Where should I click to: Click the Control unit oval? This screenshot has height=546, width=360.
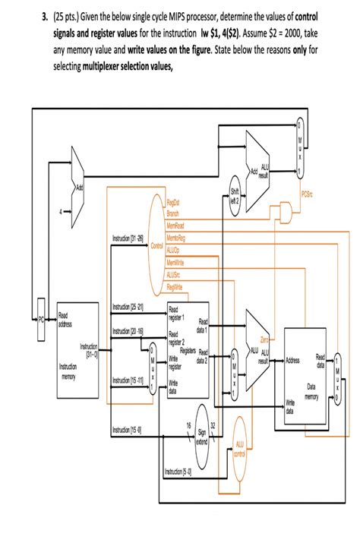click(158, 247)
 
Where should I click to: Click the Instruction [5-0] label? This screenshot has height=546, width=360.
click(178, 472)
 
